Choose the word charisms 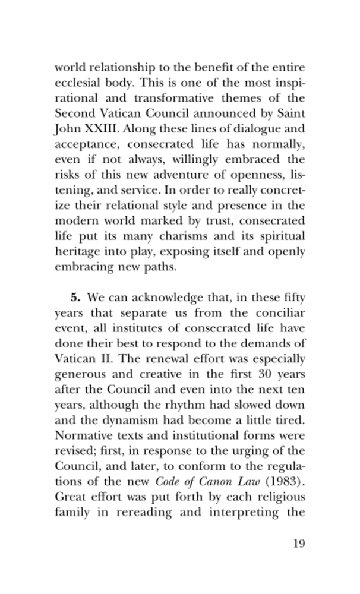click(x=168, y=236)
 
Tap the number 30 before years click(x=264, y=375)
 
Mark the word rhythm click(x=181, y=406)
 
